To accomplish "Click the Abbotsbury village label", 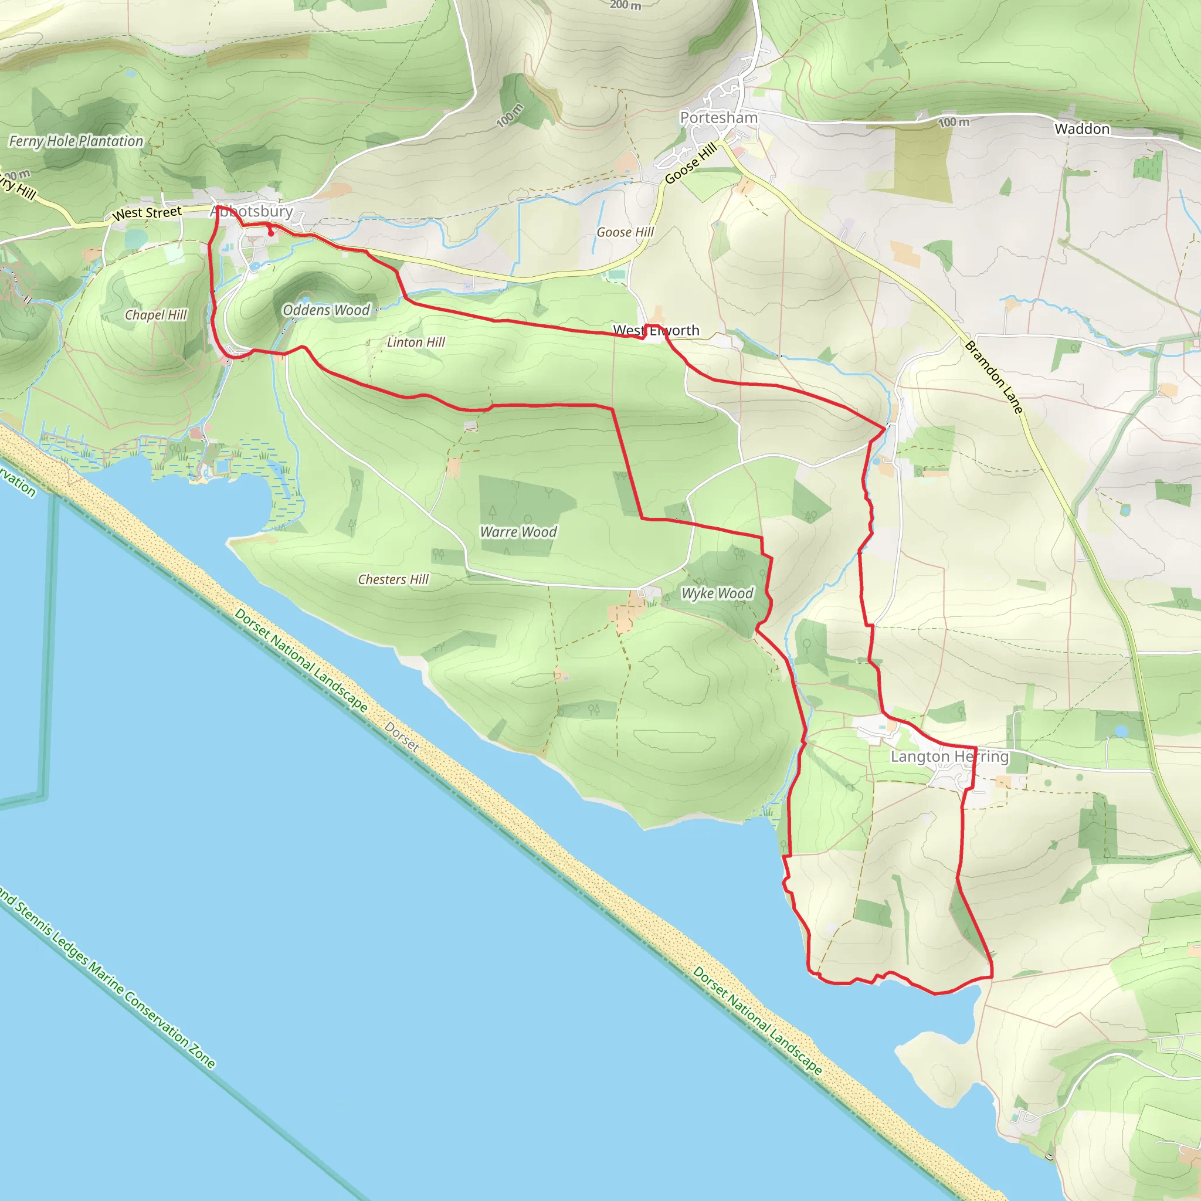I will [251, 211].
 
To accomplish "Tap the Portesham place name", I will [718, 117].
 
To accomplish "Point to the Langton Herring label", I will [949, 756].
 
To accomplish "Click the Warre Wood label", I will [518, 531].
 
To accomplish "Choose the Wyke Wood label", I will [717, 593].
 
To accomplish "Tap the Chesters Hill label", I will [393, 579].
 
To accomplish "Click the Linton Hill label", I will [415, 342].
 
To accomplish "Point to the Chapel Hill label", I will [155, 314].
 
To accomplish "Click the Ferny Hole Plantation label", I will [76, 141].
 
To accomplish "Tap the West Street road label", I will [147, 213].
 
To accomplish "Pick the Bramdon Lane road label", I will [993, 376].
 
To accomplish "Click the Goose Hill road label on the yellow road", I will [691, 163].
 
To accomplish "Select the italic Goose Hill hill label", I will [625, 232].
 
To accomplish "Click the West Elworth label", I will [656, 330].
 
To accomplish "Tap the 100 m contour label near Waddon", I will [954, 123].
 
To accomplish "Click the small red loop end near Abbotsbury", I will [271, 234].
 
